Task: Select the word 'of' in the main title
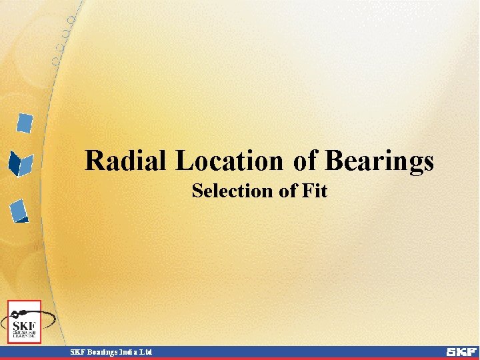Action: click(304, 161)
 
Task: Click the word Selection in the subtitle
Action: click(233, 191)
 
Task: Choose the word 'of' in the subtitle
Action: click(287, 191)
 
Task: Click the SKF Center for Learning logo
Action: click(24, 323)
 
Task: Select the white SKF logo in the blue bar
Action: click(461, 351)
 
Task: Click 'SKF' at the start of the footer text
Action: click(78, 351)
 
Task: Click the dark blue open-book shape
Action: click(21, 163)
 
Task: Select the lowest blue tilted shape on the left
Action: click(19, 210)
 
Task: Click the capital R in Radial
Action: click(95, 161)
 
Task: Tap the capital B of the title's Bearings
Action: click(334, 161)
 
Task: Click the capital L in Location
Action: click(184, 161)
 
